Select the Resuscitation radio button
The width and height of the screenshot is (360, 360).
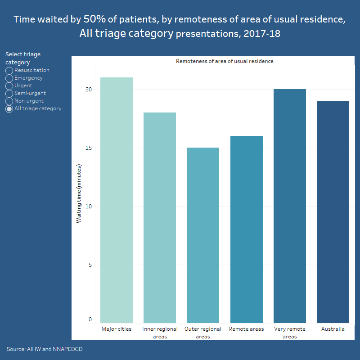coord(9,71)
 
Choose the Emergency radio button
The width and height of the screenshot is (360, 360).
coord(9,78)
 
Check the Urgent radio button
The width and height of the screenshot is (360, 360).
coord(9,86)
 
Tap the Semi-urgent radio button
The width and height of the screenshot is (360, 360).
coord(9,94)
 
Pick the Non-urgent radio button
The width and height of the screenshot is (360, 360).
coord(9,101)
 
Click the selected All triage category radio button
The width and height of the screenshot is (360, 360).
coord(9,109)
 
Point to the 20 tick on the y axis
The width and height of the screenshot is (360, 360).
coord(89,90)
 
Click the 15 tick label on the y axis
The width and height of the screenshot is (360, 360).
coord(89,148)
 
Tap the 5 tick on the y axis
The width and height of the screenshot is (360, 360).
coord(90,265)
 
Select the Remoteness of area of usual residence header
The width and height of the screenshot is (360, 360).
coord(225,61)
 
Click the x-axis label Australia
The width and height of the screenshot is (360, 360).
coord(333,329)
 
